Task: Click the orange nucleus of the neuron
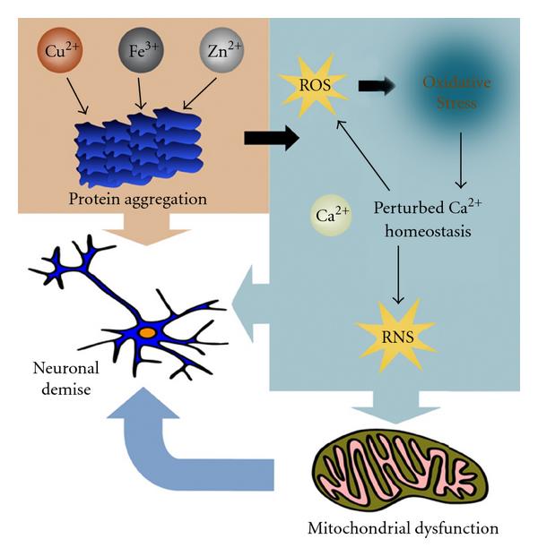pyautogui.click(x=146, y=332)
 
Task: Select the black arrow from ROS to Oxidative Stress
pyautogui.click(x=377, y=87)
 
